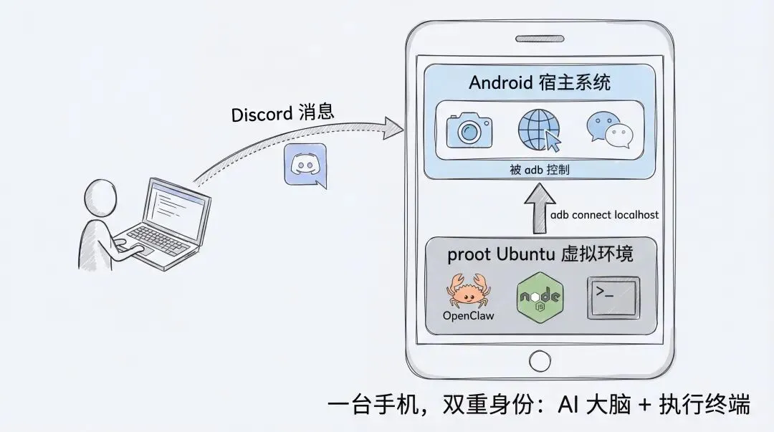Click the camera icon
pyautogui.click(x=469, y=130)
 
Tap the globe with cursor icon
pyautogui.click(x=539, y=130)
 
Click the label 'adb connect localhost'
pyautogui.click(x=604, y=215)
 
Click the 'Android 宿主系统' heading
pyautogui.click(x=540, y=82)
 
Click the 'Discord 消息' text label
pyautogui.click(x=282, y=114)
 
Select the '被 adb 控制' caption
pyautogui.click(x=540, y=171)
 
